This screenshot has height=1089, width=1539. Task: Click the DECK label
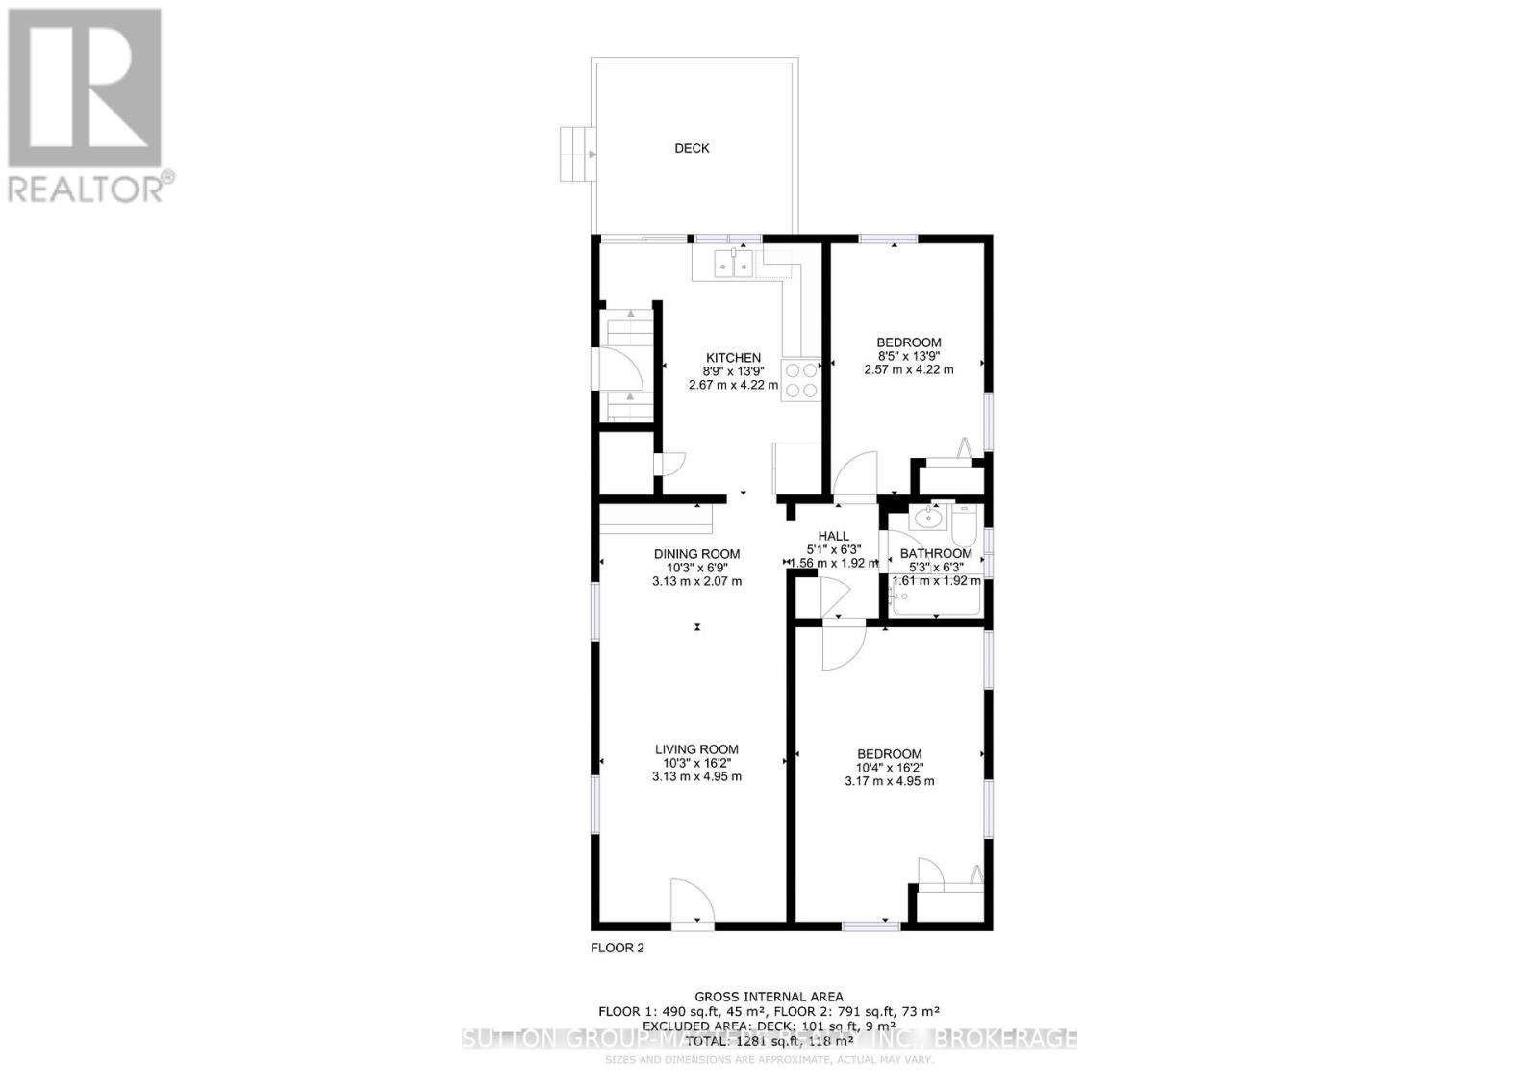(692, 148)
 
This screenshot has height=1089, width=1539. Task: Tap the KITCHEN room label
(733, 358)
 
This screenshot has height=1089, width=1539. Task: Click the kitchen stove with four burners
(801, 379)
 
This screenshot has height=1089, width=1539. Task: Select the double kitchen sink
(733, 263)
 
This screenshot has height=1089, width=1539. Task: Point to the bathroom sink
(927, 519)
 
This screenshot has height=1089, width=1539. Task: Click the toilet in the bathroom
(964, 524)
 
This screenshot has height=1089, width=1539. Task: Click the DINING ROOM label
(696, 554)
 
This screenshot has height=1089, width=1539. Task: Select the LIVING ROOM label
(696, 749)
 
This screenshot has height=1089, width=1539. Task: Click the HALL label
(833, 537)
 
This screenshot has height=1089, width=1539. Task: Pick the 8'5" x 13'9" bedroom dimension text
(908, 356)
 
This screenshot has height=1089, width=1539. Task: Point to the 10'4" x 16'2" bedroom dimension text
(889, 768)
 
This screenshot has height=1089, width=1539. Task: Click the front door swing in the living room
(692, 902)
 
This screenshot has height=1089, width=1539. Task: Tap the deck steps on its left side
(576, 153)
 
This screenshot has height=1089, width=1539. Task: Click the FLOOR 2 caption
(617, 948)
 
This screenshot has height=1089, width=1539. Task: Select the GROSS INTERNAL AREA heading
(769, 997)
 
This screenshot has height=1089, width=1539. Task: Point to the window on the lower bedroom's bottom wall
(870, 925)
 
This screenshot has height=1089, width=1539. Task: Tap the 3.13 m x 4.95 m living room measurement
(696, 776)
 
